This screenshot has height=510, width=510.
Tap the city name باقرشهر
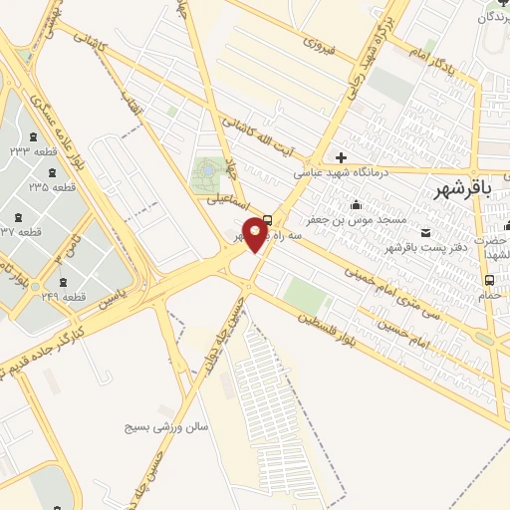click(471, 190)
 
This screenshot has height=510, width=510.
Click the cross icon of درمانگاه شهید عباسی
click(342, 157)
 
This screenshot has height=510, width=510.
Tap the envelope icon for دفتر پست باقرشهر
click(427, 233)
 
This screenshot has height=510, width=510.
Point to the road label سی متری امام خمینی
click(394, 284)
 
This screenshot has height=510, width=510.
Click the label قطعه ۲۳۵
click(52, 187)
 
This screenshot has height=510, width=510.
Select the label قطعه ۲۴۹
click(64, 297)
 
